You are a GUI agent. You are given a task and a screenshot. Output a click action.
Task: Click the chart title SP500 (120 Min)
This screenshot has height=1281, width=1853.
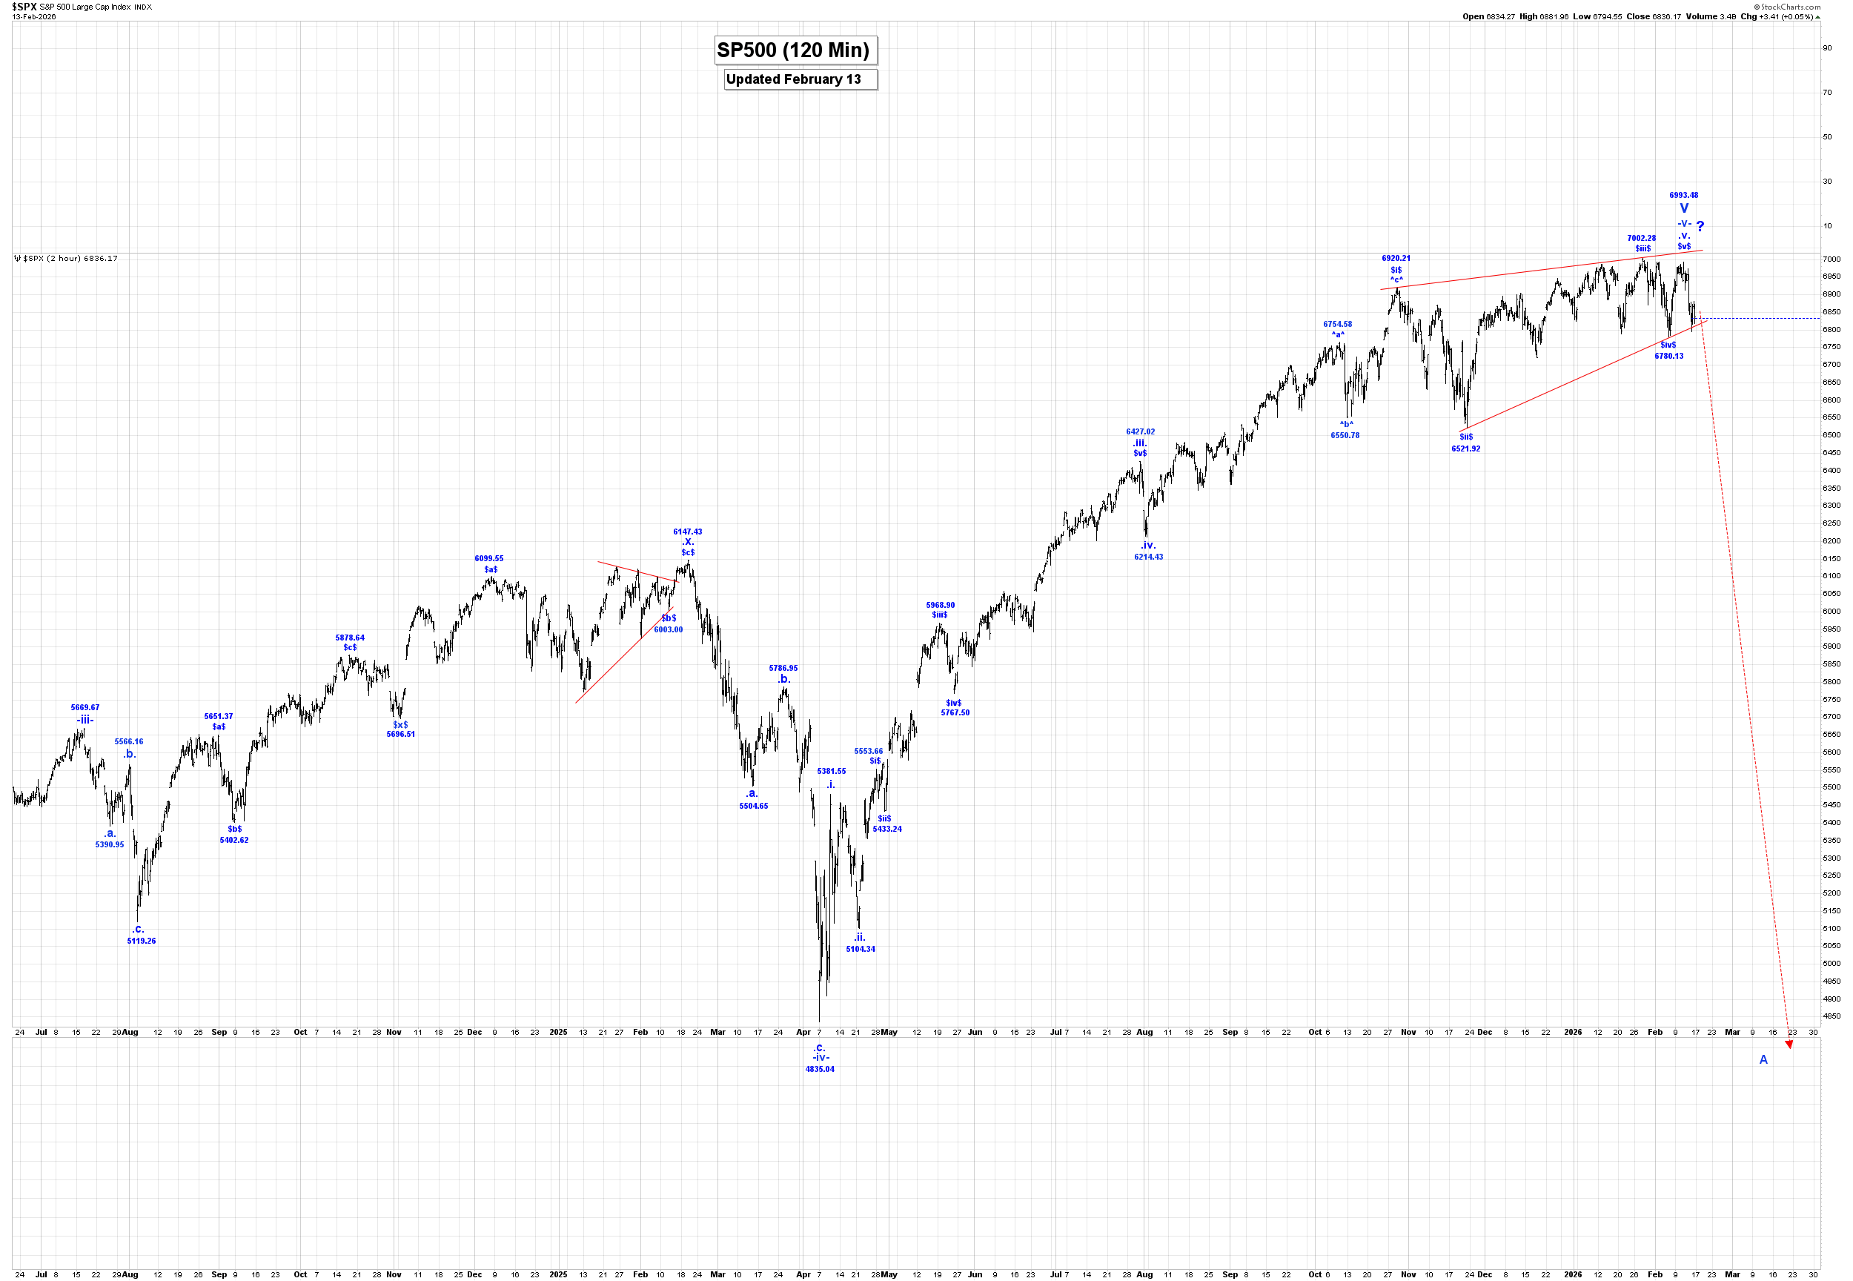792,50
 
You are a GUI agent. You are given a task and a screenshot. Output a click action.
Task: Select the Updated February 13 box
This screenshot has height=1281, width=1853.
792,79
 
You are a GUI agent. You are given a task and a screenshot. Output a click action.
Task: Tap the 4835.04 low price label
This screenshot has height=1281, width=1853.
819,1069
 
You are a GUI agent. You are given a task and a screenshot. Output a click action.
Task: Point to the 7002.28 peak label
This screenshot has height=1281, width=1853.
1641,239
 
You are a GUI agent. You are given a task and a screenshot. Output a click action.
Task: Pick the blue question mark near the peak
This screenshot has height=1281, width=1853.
1700,226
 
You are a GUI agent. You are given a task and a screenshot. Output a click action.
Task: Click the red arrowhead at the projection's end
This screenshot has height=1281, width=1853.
1789,1045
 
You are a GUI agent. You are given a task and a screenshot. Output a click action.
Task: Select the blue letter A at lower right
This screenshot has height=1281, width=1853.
1763,1059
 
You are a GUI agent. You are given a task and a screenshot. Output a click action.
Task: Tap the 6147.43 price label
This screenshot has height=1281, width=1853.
687,532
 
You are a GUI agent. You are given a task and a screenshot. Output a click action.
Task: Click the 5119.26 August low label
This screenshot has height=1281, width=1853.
142,941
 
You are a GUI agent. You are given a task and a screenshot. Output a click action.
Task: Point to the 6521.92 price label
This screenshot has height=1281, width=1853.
1465,448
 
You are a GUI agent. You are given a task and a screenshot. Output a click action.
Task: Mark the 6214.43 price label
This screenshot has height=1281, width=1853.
1148,557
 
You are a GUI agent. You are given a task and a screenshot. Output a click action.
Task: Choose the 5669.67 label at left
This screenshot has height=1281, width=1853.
85,707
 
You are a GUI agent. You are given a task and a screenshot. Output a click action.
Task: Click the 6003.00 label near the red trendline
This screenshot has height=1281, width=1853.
668,629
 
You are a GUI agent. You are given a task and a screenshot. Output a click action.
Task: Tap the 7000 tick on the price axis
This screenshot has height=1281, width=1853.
1831,259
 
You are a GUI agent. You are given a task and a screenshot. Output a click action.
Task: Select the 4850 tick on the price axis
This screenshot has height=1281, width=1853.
1831,1016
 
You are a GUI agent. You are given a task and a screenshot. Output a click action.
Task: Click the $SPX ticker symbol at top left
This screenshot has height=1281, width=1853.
24,7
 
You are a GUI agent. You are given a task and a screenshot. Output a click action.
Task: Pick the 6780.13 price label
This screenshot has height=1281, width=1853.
1668,356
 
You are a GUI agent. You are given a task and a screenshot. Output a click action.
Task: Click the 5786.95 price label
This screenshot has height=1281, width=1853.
783,668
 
